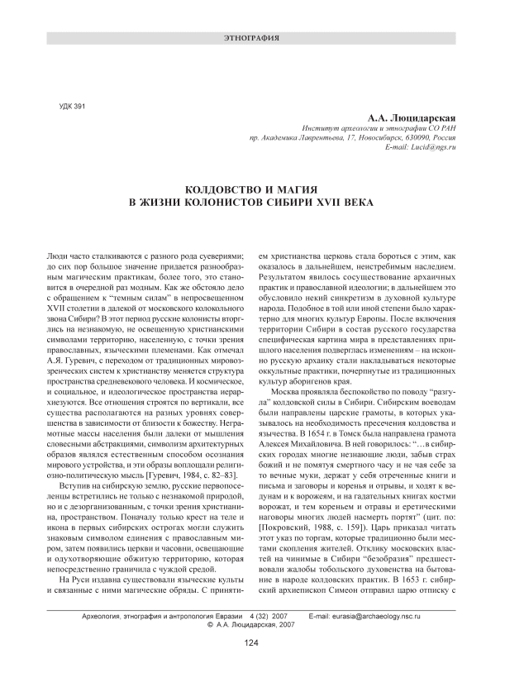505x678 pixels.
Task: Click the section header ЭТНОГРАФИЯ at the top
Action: (252, 39)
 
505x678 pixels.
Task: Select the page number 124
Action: (252, 642)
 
